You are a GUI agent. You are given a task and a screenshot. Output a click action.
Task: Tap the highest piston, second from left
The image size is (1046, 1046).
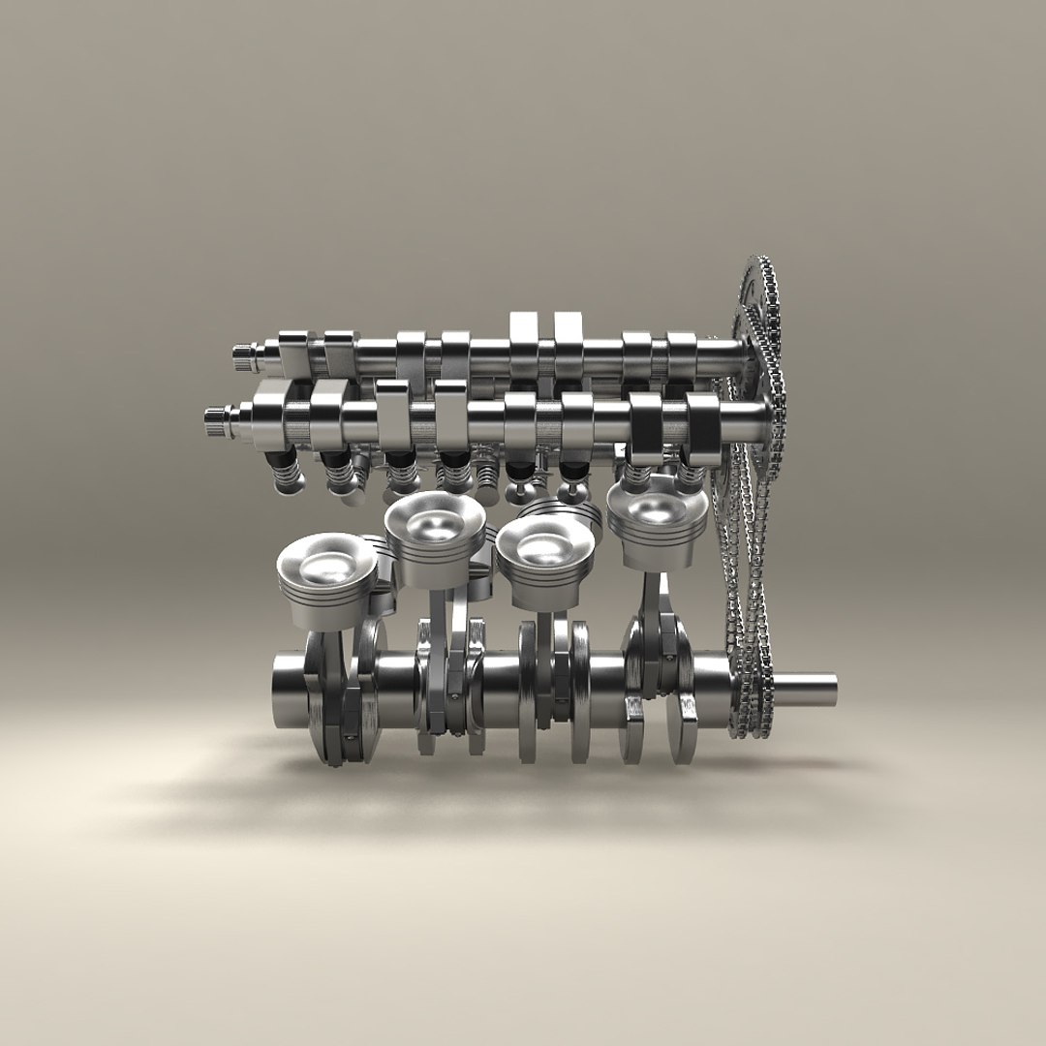(434, 524)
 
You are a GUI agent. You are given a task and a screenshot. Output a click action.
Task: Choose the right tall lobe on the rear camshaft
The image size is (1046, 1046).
(568, 335)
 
